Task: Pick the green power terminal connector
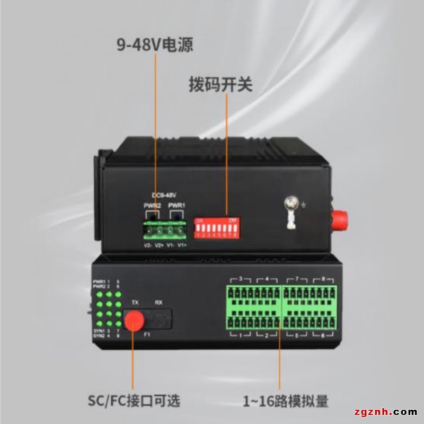165,231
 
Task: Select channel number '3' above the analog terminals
241,278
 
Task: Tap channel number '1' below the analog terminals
241,335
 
